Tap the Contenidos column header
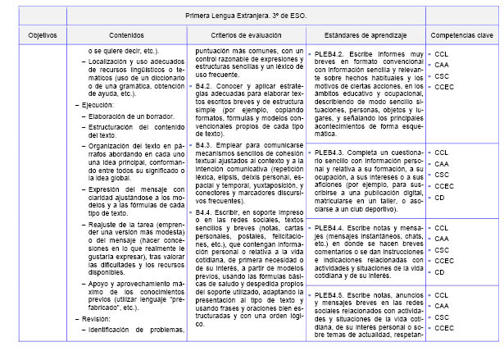(x=129, y=36)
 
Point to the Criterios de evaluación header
(x=247, y=36)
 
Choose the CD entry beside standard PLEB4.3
(x=440, y=197)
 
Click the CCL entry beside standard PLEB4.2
(x=442, y=53)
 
